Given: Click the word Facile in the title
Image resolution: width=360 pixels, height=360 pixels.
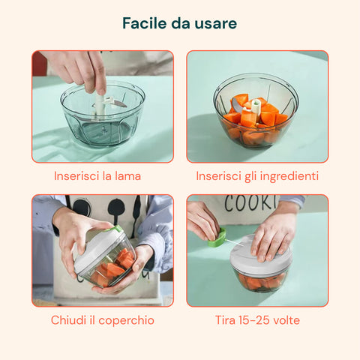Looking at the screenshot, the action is [x=144, y=23].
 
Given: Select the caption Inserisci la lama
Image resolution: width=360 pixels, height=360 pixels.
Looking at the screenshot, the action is [x=97, y=176].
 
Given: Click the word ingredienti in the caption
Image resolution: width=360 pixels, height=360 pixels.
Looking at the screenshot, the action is [x=289, y=177].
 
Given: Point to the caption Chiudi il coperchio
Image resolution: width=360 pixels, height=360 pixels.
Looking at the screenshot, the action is [x=103, y=320].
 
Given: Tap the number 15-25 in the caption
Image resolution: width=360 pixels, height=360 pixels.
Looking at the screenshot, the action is [x=253, y=320].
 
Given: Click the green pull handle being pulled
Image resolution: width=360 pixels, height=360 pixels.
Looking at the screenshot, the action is [x=217, y=238].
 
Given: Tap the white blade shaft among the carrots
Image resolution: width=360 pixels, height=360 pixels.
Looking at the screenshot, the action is [x=256, y=107].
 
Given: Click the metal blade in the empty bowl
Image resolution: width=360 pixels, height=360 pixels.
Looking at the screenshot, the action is [x=119, y=103].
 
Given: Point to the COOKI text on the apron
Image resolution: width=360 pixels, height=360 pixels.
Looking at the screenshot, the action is [x=250, y=202].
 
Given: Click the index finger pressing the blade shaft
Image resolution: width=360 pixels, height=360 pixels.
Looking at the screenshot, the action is [x=99, y=75].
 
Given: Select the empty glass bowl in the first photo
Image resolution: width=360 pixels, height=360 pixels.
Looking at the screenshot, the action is [x=103, y=114].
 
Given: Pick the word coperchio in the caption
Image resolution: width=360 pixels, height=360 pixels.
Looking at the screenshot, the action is [x=126, y=321].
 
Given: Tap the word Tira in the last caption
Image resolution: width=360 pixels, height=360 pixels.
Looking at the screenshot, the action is [x=225, y=320].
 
